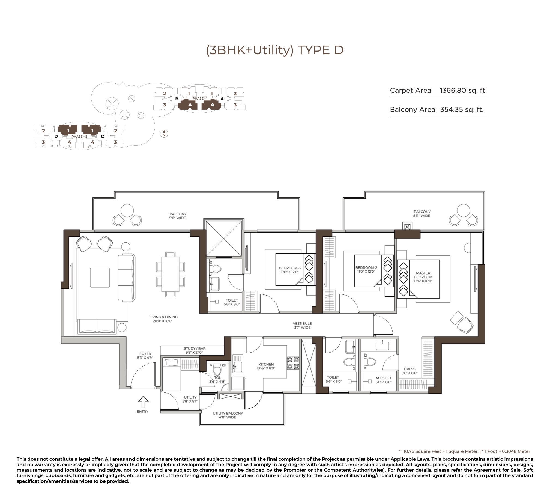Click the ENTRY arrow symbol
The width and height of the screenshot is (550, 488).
143,402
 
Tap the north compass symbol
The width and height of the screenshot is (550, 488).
164,134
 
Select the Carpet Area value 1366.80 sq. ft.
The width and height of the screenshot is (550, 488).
463,91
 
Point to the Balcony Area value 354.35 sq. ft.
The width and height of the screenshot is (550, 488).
462,110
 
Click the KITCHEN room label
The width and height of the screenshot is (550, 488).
266,364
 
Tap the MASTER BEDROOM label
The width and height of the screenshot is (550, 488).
423,275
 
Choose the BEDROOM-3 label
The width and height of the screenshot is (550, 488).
290,268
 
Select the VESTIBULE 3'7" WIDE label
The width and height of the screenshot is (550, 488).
303,326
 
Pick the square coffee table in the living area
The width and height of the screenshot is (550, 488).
100,278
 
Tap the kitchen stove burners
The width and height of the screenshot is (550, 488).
293,363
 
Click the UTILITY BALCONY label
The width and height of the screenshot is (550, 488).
228,413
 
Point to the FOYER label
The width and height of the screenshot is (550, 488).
145,354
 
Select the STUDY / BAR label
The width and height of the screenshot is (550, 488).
195,348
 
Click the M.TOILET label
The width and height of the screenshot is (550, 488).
384,378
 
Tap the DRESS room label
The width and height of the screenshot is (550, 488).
409,369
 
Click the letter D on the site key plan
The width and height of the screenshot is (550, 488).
56,136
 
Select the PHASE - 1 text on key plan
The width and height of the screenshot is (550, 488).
200,98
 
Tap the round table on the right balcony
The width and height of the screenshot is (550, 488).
463,211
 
